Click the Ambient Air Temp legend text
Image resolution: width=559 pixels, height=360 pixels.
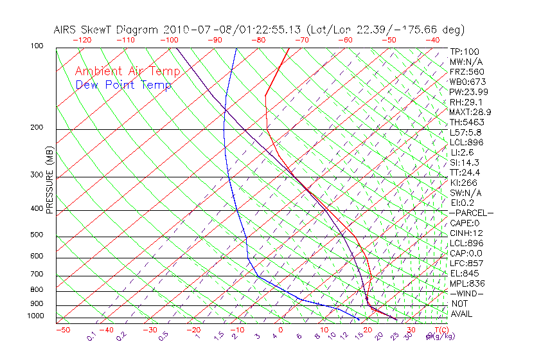[x=127, y=71]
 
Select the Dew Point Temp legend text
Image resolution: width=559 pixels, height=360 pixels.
[x=123, y=85]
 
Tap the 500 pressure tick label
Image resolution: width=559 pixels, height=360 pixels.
[x=37, y=235]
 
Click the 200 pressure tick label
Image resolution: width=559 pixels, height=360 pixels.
[x=37, y=128]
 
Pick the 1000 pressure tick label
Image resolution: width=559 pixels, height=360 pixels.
[x=35, y=316]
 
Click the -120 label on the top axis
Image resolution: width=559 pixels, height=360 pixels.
[x=82, y=40]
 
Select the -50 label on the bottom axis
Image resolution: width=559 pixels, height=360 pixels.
[x=62, y=330]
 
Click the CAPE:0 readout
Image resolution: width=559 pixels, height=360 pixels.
[x=466, y=222]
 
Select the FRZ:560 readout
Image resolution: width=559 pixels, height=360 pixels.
[x=467, y=71]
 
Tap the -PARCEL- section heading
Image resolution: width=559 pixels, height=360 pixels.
[x=471, y=213]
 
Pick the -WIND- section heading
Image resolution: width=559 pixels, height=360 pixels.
[x=466, y=293]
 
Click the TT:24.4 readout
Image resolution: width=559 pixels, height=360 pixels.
[x=466, y=172]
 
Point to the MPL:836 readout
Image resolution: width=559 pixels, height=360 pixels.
[x=467, y=283]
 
